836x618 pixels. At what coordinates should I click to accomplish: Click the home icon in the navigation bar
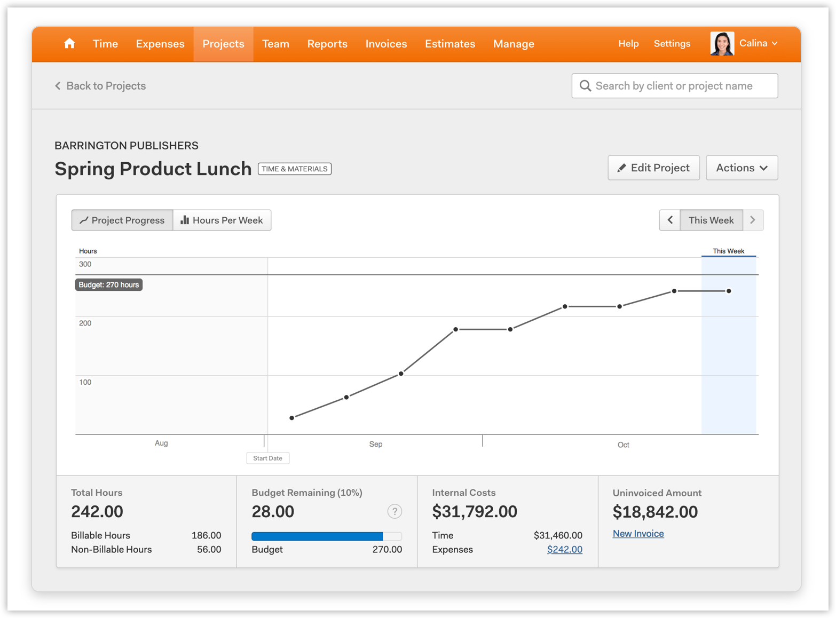69,44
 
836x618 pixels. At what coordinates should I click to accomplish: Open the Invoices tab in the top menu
386,44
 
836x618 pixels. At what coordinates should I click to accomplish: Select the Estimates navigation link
449,44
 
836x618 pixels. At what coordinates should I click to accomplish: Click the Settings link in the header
672,44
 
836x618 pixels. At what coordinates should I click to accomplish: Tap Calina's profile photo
722,44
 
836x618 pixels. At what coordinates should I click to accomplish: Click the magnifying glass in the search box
585,86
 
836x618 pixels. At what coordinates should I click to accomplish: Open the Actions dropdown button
742,168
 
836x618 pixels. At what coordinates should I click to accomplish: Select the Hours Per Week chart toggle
222,220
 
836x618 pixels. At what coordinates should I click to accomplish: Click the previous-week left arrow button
670,220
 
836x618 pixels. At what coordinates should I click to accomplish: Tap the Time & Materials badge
295,169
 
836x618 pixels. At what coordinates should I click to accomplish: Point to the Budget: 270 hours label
109,285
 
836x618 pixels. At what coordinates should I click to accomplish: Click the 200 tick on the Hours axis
85,323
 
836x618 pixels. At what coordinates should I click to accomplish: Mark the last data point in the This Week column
729,291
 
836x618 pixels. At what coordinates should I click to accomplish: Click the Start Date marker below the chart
267,458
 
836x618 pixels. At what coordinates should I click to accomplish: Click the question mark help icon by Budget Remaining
395,511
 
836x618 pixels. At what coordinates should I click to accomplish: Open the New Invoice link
638,534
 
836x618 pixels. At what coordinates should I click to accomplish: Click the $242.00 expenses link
564,550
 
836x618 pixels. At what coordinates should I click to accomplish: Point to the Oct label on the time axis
623,445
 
